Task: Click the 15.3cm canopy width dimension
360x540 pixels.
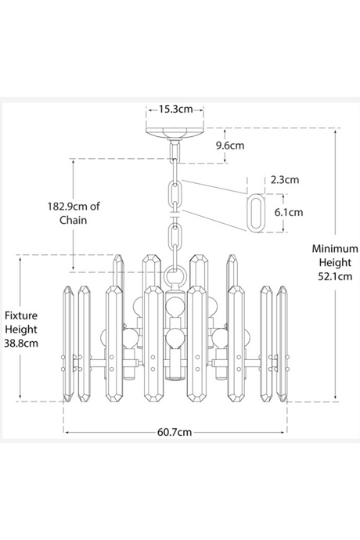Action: pyautogui.click(x=175, y=110)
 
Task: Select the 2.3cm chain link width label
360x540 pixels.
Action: pyautogui.click(x=283, y=179)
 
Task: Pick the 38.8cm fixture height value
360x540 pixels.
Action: pyautogui.click(x=21, y=342)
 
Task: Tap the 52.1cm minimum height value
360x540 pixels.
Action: pyautogui.click(x=335, y=275)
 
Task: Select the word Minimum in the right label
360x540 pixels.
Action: pyautogui.click(x=335, y=247)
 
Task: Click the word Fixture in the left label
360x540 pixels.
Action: pyautogui.click(x=21, y=314)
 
